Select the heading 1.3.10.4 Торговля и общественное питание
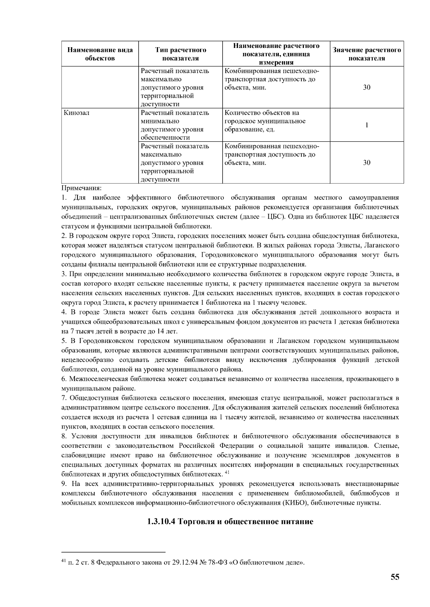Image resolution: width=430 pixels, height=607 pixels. point(230,521)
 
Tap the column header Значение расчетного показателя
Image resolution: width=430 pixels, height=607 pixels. point(367,54)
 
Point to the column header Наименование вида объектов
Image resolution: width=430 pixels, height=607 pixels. point(100,54)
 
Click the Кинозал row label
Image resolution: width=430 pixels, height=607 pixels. point(77,113)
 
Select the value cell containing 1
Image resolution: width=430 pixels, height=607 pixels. point(367,125)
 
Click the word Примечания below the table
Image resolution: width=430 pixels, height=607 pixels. point(82,188)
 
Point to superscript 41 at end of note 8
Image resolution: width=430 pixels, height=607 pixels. point(227,473)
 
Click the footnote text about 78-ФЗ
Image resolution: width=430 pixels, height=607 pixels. point(183,563)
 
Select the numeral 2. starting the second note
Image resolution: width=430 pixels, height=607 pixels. point(64,236)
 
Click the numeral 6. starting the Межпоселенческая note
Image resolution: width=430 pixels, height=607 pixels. point(64,379)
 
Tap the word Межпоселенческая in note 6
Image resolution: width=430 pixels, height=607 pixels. point(94,379)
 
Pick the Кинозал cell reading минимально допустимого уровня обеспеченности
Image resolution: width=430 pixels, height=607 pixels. point(175,125)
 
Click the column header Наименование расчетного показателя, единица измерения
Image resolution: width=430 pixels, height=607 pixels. point(276,54)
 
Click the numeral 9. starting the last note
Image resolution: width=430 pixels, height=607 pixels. point(64,484)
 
